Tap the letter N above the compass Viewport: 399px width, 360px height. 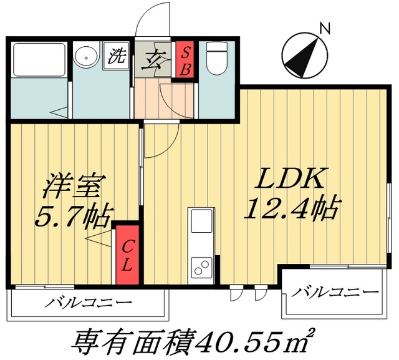click(324, 27)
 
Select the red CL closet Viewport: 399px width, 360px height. click(127, 255)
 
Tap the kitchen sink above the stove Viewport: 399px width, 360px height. click(201, 222)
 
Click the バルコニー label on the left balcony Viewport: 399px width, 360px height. click(88, 303)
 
